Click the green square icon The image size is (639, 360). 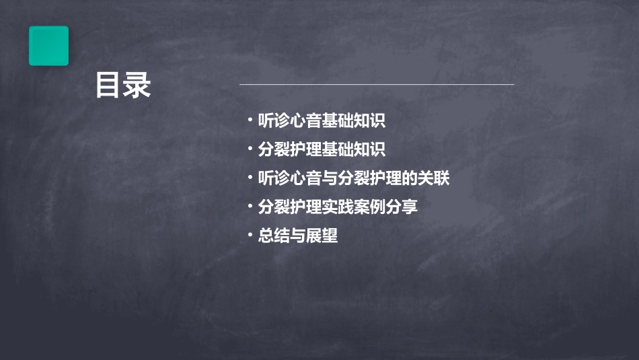48,46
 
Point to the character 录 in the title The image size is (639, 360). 138,85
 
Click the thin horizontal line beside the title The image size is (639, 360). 377,85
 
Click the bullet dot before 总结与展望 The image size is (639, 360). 250,236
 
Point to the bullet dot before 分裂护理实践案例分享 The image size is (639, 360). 250,207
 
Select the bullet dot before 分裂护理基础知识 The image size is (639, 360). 250,149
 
